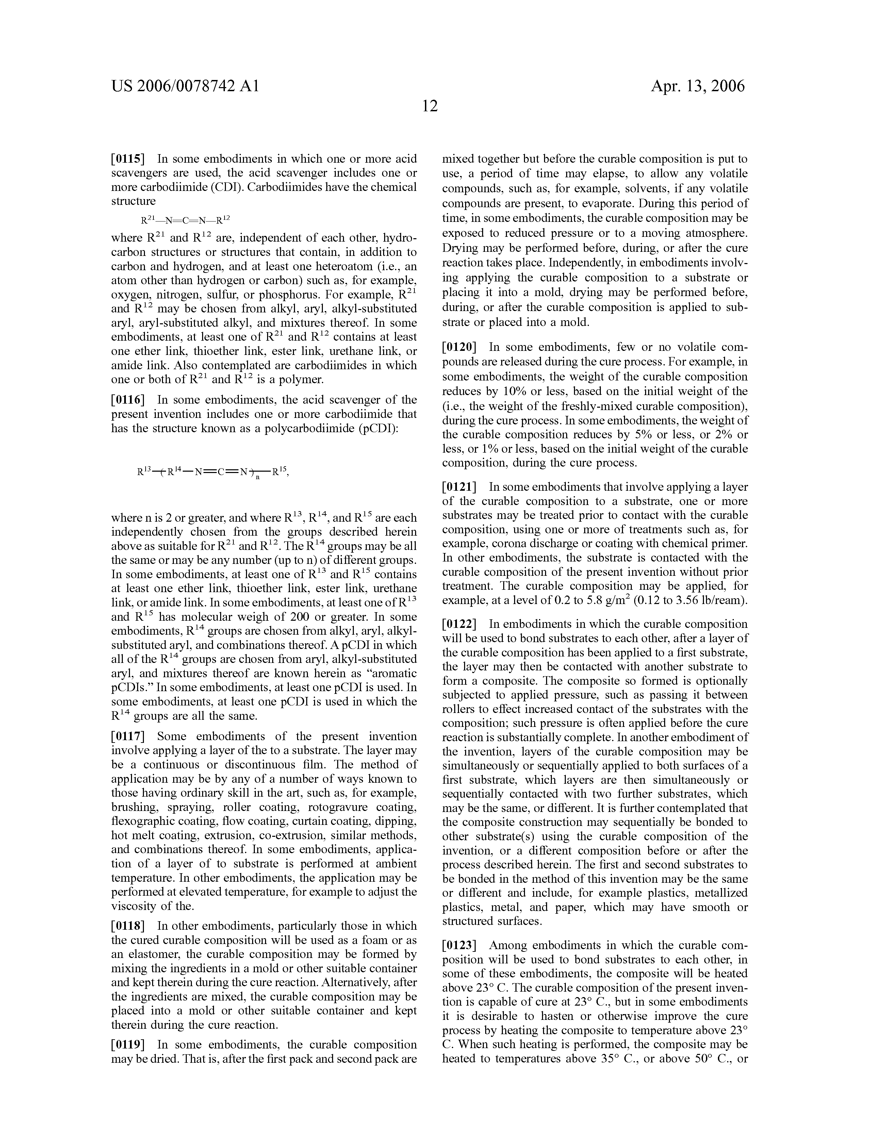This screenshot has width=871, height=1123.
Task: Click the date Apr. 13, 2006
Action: click(x=698, y=86)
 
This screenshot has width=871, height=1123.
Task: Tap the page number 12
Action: click(x=430, y=106)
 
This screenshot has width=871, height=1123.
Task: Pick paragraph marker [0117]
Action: click(x=128, y=736)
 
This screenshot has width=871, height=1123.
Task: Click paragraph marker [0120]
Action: click(x=459, y=347)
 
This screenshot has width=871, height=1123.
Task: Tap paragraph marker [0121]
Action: click(x=459, y=487)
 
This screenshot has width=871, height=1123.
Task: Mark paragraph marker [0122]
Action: click(x=459, y=624)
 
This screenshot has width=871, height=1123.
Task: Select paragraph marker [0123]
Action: click(x=459, y=945)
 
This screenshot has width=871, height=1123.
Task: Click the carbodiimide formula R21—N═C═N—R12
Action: click(x=186, y=220)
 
